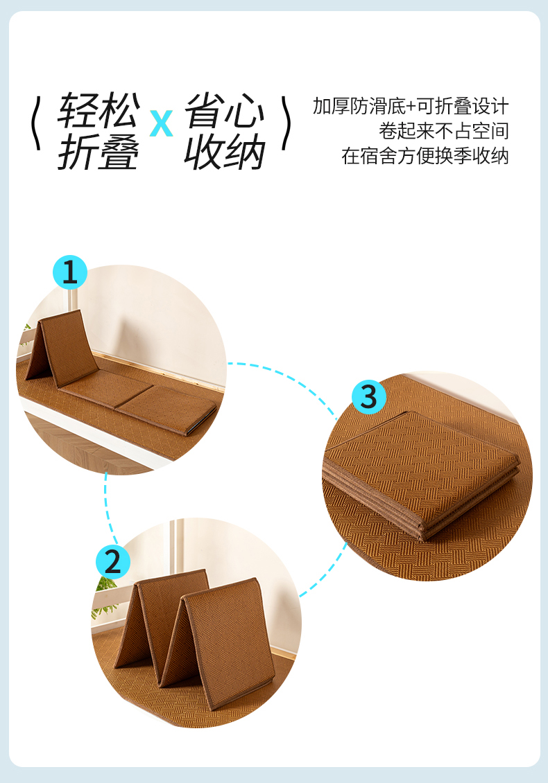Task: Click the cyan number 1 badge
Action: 70,272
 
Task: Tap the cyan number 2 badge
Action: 113,562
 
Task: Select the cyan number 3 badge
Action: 369,397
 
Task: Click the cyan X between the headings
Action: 162,123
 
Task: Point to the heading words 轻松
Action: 99,110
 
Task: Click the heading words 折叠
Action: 99,152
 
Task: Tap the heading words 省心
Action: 225,110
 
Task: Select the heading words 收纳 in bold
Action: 225,152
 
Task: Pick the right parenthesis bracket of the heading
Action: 286,123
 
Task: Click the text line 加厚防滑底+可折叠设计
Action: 411,107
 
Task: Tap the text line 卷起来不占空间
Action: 443,131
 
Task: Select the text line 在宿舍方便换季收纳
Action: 425,156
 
